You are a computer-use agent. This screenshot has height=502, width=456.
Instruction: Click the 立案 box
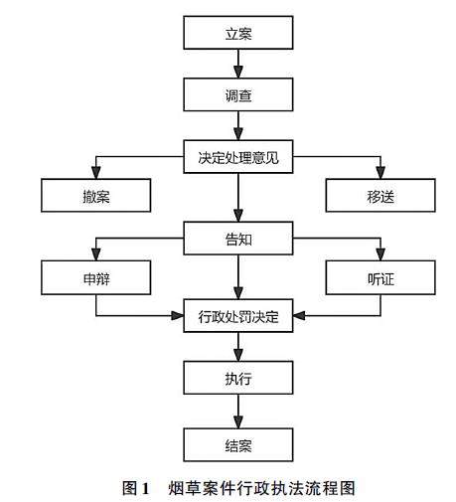238,33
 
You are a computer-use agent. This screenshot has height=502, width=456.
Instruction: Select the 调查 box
238,94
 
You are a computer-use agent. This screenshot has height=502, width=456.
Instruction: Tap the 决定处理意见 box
238,157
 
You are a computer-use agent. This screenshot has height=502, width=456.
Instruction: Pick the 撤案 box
96,195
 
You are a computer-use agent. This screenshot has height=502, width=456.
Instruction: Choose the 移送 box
380,195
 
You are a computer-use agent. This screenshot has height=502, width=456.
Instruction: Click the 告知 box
238,239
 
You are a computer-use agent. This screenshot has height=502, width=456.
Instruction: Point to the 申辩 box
96,277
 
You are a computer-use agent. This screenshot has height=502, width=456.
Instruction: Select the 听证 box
380,277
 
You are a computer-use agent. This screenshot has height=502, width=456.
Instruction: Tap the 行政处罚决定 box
238,316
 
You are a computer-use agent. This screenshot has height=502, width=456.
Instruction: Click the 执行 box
238,378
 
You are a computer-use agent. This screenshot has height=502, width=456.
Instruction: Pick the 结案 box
238,445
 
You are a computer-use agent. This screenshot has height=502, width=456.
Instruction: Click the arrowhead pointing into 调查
238,73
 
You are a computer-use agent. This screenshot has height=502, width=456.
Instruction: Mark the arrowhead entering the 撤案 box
96,173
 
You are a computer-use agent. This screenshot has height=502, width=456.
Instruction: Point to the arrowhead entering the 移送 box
380,173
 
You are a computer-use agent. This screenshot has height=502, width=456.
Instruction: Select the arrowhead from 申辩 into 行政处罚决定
178,315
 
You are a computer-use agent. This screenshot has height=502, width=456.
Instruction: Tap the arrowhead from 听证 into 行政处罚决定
299,315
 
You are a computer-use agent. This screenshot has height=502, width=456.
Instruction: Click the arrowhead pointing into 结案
238,422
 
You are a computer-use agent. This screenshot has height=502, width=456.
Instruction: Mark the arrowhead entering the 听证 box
380,254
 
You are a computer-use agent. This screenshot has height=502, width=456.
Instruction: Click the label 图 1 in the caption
136,488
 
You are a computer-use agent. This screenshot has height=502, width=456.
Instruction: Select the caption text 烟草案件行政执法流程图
261,488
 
